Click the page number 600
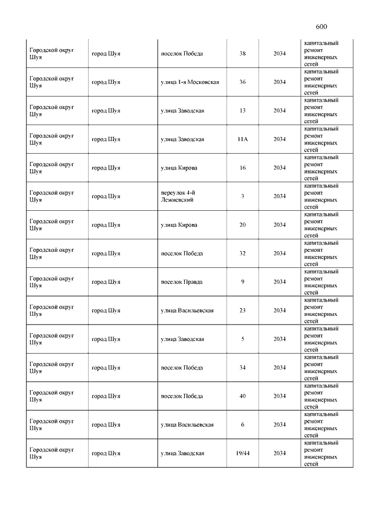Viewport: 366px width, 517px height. click(x=321, y=26)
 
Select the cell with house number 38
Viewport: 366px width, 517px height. click(x=242, y=54)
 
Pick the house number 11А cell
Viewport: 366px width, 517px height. click(x=242, y=139)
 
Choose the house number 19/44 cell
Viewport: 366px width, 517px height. click(x=242, y=454)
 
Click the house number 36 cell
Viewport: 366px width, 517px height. click(x=242, y=82)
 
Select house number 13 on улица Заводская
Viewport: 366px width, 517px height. click(x=242, y=111)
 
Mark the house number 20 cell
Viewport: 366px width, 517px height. click(x=242, y=225)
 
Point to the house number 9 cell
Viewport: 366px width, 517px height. click(x=242, y=282)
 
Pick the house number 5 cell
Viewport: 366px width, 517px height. click(x=242, y=339)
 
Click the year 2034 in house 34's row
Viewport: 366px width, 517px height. click(x=279, y=368)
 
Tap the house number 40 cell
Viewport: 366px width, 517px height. click(x=242, y=396)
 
